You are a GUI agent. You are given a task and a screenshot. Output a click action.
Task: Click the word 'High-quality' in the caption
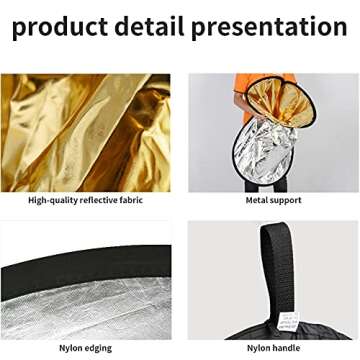coord(52,200)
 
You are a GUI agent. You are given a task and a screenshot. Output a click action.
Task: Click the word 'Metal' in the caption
coord(258,200)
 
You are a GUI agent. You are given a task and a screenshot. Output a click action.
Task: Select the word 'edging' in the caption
coord(97,348)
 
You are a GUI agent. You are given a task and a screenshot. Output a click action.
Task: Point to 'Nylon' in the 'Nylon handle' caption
coord(258,348)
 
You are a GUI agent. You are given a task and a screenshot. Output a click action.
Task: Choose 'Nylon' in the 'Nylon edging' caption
coord(70,348)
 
